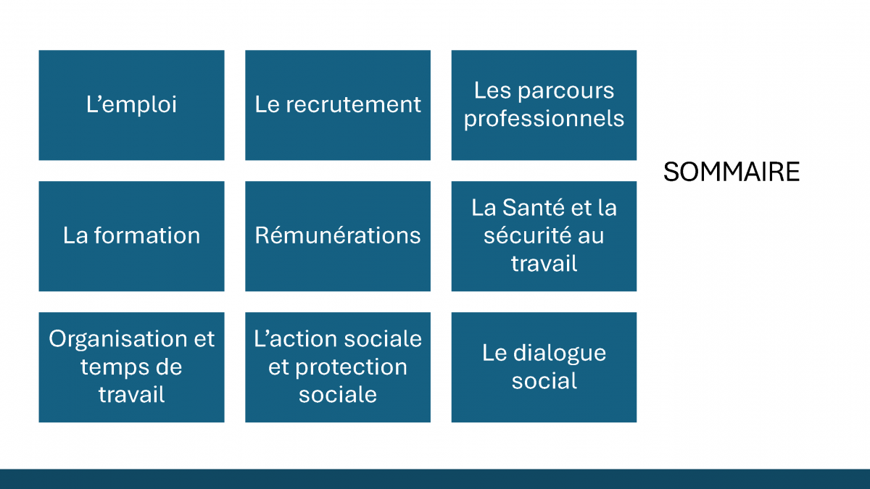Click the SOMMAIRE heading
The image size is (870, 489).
tap(732, 172)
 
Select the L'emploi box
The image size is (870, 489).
tap(132, 105)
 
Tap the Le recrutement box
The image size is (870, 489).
tap(338, 105)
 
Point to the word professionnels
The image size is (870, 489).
tap(544, 119)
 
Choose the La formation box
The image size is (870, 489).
tap(132, 236)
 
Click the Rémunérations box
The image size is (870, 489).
tap(338, 236)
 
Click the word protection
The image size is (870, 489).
tap(351, 367)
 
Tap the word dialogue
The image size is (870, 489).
tap(559, 354)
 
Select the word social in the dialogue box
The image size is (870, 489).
tap(544, 381)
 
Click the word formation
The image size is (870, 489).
tap(146, 235)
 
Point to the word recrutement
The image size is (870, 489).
tap(354, 104)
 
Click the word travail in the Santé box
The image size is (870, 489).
tap(544, 264)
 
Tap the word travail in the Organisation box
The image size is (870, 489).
tap(132, 395)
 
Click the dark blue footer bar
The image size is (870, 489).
tap(435, 479)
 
